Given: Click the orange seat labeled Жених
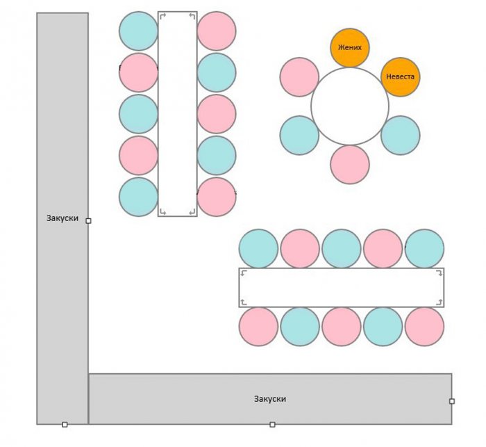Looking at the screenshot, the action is click(x=350, y=48).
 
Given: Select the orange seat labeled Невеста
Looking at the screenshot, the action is click(x=401, y=76).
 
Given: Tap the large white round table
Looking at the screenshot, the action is click(x=350, y=106).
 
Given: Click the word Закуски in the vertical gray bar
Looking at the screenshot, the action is click(x=62, y=218).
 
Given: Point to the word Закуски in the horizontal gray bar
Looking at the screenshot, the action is click(x=270, y=399).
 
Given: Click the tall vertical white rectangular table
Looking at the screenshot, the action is click(x=178, y=114).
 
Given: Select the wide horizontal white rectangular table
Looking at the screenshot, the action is click(x=342, y=287).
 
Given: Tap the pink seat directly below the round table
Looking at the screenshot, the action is click(x=350, y=165).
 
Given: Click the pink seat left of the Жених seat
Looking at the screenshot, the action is click(x=299, y=76).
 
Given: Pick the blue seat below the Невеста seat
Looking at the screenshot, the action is click(x=401, y=136).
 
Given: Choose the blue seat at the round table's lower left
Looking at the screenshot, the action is click(x=299, y=136).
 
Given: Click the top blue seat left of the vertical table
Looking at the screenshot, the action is click(x=139, y=31).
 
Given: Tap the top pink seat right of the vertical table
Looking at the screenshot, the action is click(x=217, y=31).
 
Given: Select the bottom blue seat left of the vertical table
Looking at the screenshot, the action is click(x=139, y=197).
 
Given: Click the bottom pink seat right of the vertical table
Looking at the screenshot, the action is click(x=217, y=197).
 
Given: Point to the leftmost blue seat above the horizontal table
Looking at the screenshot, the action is click(x=258, y=248).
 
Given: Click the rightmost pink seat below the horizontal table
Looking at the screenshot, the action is click(x=425, y=327).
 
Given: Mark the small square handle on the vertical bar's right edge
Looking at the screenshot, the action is click(x=88, y=220).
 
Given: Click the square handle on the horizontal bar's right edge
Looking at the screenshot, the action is click(x=452, y=401).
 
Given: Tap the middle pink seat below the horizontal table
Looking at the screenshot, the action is click(x=342, y=327).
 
